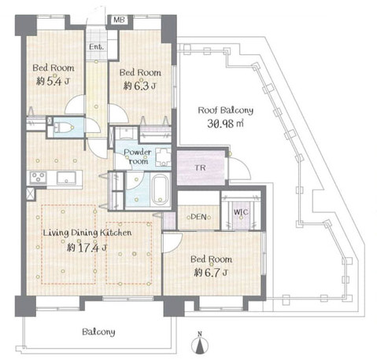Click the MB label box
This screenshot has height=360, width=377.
pos(120,20)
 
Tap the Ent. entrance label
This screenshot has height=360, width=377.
pos(96,47)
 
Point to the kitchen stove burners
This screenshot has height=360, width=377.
pos(39,178)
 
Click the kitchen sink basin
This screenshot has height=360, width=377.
pos(66,178)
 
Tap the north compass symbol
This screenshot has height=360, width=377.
pos(201,343)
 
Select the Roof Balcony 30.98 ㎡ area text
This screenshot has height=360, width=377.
pos(226,117)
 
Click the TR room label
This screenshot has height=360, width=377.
pos(201,167)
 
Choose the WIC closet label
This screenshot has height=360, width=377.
pos(241,211)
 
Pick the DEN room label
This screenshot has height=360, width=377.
pos(198,217)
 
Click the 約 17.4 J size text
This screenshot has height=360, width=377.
pos(87,247)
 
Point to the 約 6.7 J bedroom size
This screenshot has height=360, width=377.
pos(211,273)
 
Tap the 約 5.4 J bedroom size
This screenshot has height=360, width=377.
pos(53,82)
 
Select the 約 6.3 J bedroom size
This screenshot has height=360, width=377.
pos(140,86)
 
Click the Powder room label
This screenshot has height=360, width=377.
pos(137,156)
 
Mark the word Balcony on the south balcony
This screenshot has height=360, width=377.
pos(98,332)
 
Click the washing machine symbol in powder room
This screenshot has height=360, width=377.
pos(163,157)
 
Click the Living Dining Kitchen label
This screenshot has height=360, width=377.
pos(87,233)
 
